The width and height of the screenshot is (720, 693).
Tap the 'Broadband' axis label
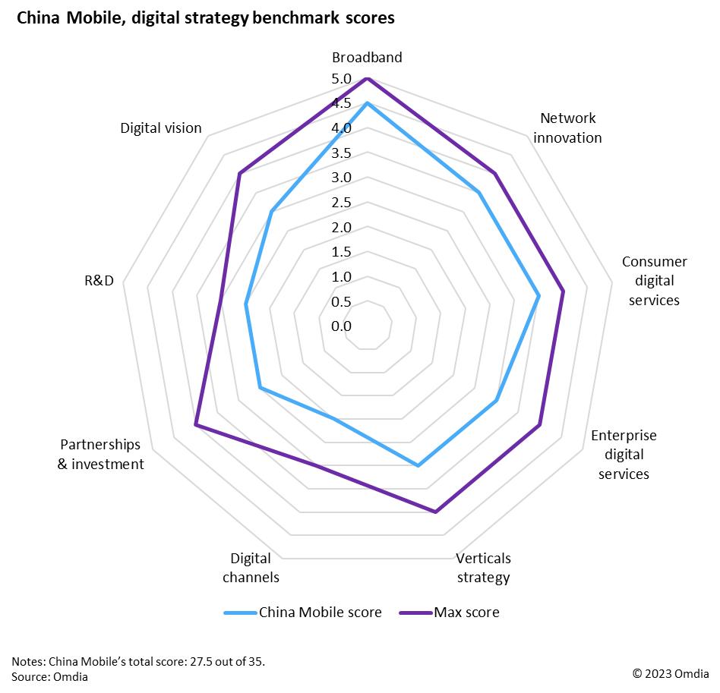(367, 58)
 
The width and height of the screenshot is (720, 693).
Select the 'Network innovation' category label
(568, 128)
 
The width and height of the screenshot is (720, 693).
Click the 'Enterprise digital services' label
(624, 455)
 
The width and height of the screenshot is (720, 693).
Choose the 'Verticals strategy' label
(483, 568)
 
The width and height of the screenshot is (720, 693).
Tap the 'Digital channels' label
(251, 568)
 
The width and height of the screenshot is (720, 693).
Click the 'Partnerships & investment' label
(101, 454)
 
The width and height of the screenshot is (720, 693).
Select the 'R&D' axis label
(99, 281)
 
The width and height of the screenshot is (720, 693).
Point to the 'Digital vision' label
(161, 128)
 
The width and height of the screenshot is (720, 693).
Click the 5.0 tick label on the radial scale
(341, 79)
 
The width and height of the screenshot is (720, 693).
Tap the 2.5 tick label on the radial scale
(341, 203)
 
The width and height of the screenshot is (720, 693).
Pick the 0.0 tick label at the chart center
(341, 326)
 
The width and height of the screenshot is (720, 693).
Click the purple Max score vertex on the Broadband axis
(367, 78)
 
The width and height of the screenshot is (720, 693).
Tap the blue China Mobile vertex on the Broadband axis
(367, 103)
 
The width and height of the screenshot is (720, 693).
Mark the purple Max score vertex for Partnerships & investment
(196, 425)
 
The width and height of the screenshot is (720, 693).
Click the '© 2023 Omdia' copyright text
(671, 673)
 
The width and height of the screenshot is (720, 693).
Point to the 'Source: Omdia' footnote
(50, 676)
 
